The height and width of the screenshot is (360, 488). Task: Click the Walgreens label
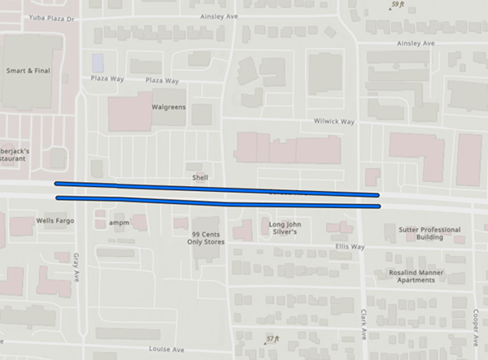[169, 106]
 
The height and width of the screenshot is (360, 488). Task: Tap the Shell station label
[200, 176]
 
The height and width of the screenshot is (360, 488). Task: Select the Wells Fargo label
[55, 220]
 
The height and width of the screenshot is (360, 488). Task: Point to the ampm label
[120, 222]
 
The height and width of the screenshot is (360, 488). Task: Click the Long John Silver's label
[285, 227]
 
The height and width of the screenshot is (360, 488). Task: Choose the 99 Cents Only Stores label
[201, 237]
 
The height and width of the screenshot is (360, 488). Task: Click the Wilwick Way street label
[335, 121]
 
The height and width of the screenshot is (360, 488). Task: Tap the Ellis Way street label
[350, 246]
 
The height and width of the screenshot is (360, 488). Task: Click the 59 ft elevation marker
[397, 6]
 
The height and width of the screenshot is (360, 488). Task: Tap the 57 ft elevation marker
[272, 337]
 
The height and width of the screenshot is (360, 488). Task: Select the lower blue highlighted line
[216, 202]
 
